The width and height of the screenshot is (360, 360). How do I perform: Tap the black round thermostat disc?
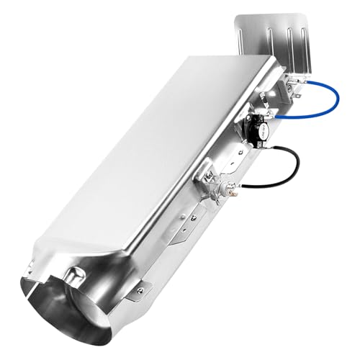[257, 130]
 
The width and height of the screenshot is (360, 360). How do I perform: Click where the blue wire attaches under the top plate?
[297, 91]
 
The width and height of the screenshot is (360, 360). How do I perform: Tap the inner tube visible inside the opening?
[108, 317]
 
